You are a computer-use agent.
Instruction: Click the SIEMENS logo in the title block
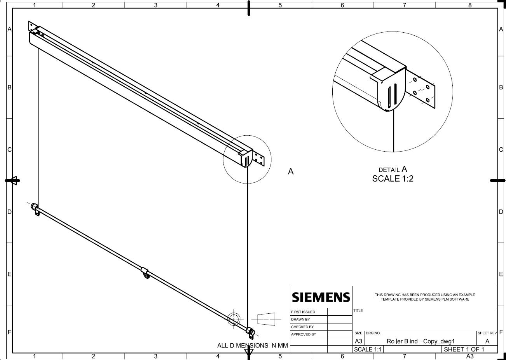(321, 297)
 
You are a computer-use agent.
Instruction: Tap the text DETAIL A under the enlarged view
(393, 169)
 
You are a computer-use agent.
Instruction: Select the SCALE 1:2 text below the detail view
(393, 178)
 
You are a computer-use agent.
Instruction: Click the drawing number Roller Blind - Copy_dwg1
(421, 341)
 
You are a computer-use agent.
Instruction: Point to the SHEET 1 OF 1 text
(464, 350)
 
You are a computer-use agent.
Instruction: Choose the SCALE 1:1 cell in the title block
(368, 350)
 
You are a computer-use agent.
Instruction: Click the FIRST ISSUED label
(303, 312)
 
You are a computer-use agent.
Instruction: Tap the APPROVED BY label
(304, 334)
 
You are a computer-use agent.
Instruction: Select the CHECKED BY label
(302, 327)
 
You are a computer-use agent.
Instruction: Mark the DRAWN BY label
(300, 319)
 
